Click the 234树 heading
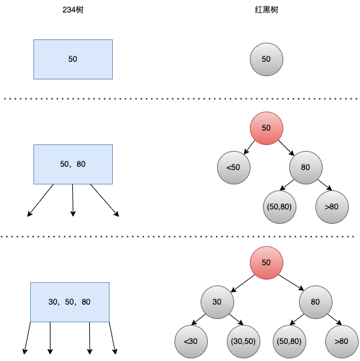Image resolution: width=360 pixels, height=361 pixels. coord(73,10)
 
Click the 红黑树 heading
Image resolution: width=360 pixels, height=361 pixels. coord(266,10)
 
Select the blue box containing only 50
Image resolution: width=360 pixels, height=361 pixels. coord(73,59)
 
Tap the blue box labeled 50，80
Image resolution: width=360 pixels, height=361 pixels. coord(73,164)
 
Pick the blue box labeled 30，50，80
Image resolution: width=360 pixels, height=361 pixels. coord(70,302)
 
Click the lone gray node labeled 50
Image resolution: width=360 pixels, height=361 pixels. coord(266,59)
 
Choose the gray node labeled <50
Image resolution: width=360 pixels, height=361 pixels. coord(233,167)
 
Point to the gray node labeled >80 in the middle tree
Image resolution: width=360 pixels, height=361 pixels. coord(332,207)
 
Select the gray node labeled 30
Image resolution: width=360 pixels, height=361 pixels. coord(218,302)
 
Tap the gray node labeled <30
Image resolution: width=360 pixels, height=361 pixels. coord(191,341)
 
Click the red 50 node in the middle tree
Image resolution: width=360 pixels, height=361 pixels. coord(266,128)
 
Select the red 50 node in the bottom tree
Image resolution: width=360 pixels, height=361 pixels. coord(266,263)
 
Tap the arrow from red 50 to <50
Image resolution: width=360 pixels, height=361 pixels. coord(249,147)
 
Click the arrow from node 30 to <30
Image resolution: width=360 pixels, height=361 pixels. coord(199,320)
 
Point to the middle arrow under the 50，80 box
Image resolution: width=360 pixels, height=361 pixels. coord(73,200)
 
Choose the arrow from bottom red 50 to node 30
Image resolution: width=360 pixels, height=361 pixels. coord(243,284)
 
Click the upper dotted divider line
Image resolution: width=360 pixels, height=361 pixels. coord(180,98)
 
